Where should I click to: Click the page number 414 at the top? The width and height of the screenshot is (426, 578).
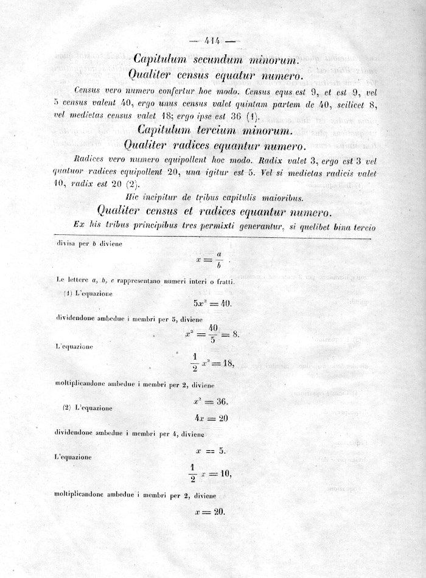(x=212, y=41)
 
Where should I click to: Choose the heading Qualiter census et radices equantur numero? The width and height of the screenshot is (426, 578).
(x=214, y=211)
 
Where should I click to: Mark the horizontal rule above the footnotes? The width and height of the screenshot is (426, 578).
(x=213, y=234)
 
